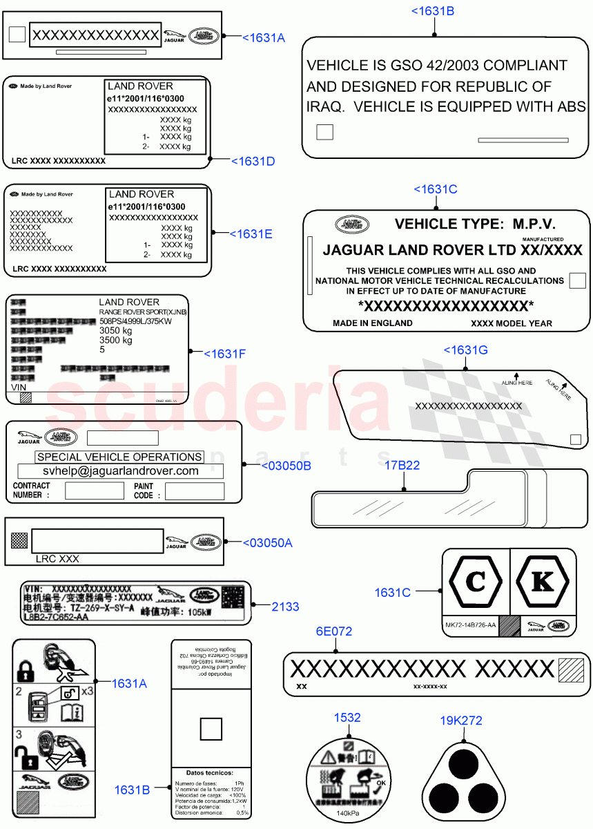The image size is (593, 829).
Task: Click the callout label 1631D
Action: pos(253,161)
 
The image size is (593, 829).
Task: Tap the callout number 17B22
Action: pos(402,466)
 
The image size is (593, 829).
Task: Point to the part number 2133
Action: pos(285,607)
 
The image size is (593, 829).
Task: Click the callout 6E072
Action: pos(334,631)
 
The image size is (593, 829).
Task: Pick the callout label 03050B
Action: pos(286,466)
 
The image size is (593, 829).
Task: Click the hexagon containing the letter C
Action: pos(476,582)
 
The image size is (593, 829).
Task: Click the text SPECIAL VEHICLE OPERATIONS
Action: pos(119,457)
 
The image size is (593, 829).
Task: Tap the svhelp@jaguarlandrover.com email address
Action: pos(121,471)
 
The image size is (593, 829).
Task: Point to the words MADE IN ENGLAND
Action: pos(373,323)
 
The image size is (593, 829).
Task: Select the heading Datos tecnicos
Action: pos(210,772)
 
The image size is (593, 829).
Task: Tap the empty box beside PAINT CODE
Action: pos(195,491)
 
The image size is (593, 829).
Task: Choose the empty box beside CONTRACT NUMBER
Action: pos(95,491)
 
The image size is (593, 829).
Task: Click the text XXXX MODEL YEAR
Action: pos(512,323)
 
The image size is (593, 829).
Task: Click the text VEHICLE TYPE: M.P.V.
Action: pos(474,224)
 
